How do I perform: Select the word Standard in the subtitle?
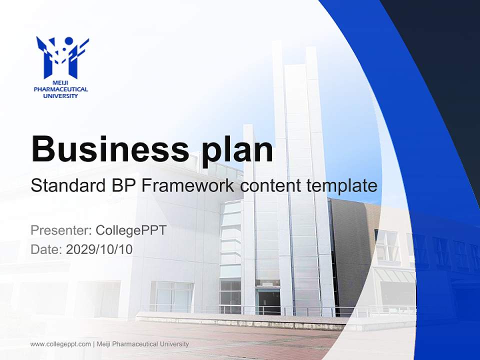tap(65, 185)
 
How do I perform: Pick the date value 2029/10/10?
tap(99, 249)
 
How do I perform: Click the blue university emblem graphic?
tap(61, 56)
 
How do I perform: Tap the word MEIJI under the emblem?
tap(60, 83)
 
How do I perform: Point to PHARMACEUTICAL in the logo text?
tap(60, 89)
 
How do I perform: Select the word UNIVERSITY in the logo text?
tap(60, 95)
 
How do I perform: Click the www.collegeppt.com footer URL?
tap(60, 344)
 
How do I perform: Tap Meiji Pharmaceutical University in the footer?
tap(142, 344)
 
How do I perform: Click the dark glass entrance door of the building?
tap(267, 301)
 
